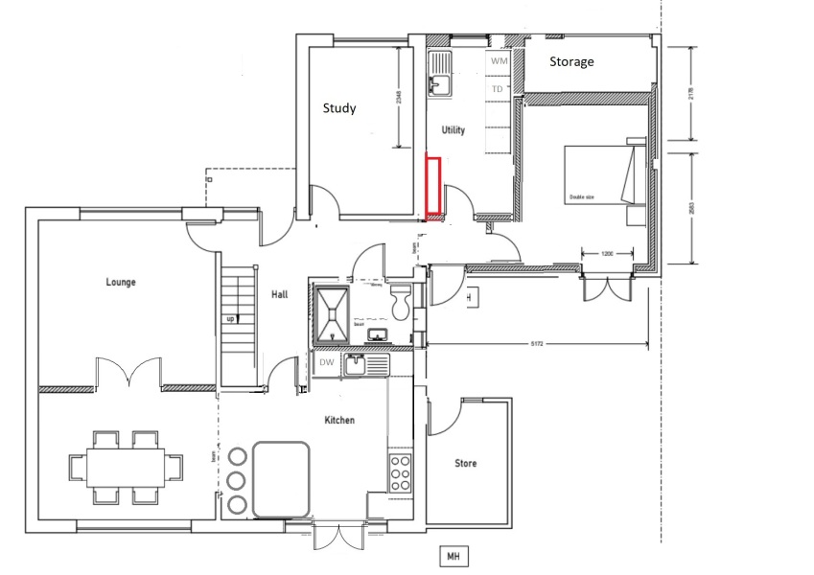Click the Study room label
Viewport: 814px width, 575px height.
click(338, 108)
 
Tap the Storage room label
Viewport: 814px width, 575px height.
click(571, 61)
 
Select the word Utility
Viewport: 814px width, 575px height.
click(453, 129)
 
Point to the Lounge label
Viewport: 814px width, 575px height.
click(121, 282)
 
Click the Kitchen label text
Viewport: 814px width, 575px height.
click(339, 421)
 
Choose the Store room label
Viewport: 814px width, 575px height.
click(465, 464)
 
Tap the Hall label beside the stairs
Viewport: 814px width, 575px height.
click(279, 295)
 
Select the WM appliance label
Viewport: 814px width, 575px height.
click(498, 60)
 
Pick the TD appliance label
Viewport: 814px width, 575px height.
click(497, 89)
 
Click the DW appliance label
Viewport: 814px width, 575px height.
click(325, 363)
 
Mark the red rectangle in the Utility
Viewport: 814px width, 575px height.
click(433, 186)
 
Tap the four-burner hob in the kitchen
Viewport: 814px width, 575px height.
click(400, 472)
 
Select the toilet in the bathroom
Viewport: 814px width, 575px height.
click(402, 299)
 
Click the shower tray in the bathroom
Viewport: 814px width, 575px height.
click(332, 313)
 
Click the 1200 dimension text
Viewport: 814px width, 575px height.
click(607, 254)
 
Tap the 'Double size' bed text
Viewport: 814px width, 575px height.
click(582, 197)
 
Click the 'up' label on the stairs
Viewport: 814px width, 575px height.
click(230, 318)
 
